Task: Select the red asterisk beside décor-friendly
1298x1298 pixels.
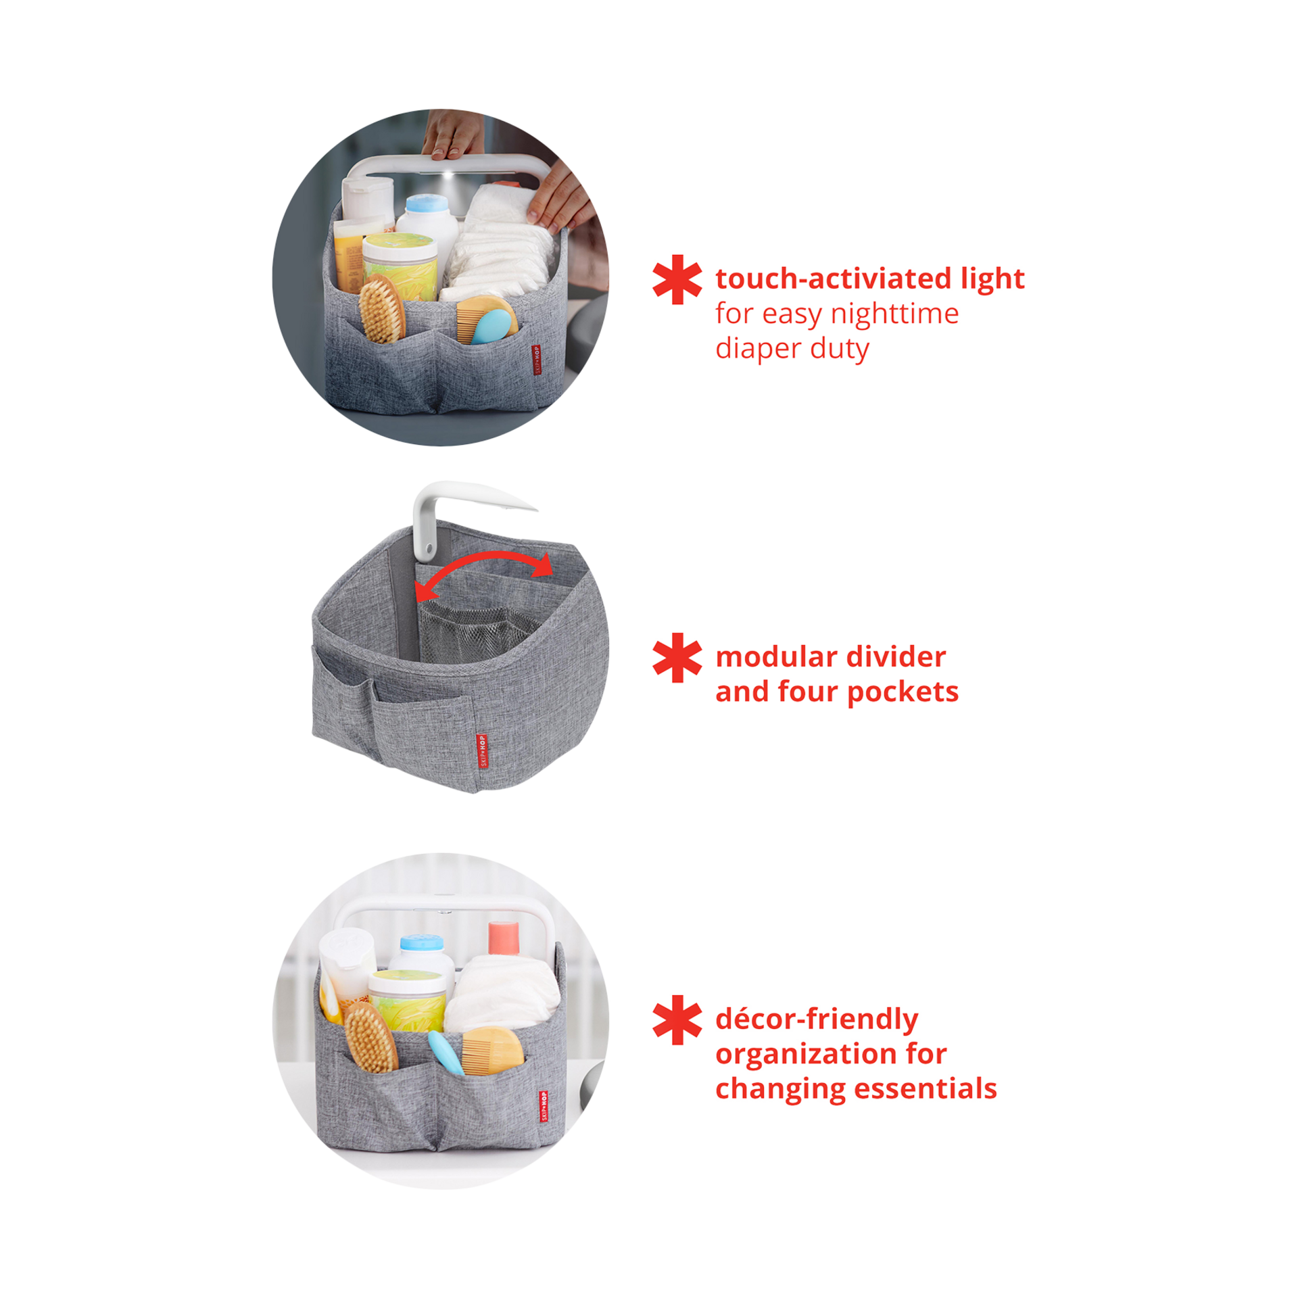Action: [x=676, y=1020]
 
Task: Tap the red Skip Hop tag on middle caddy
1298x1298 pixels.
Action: [x=481, y=751]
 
